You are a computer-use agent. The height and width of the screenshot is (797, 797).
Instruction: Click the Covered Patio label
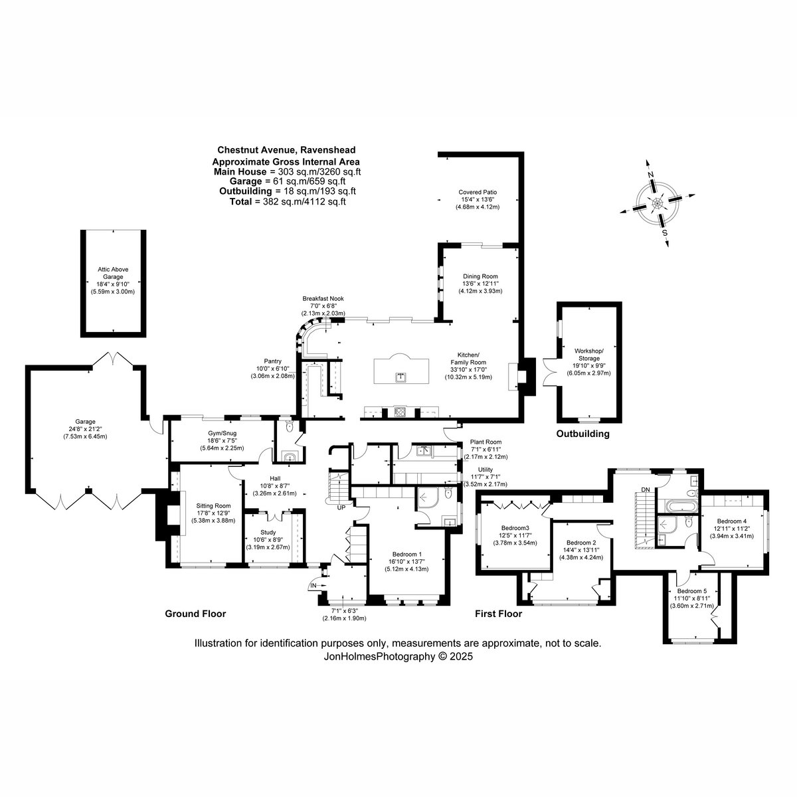pos(477,192)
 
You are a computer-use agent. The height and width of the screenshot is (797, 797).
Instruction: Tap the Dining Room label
pos(480,276)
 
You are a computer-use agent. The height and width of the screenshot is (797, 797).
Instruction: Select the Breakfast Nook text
pos(323,299)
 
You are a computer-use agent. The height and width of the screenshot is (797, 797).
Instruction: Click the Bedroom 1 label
pos(406,555)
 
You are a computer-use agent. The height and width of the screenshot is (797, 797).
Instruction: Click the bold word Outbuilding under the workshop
pos(582,434)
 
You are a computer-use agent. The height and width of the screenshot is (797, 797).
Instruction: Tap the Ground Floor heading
pos(195,614)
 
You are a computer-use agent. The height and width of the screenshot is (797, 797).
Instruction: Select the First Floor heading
pos(498,614)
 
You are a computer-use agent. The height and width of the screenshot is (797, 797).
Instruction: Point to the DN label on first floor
pos(645,490)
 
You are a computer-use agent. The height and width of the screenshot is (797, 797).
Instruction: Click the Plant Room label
pos(485,442)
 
